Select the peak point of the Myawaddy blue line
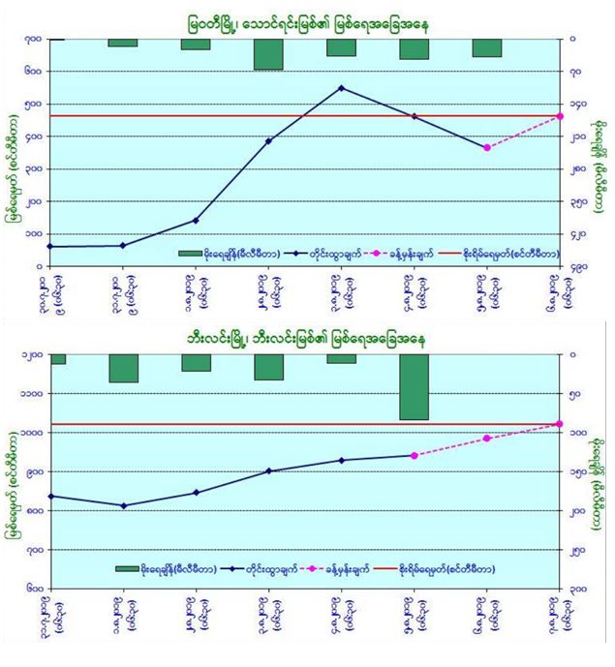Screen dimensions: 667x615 click(x=341, y=88)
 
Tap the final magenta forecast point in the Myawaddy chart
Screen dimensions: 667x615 click(x=560, y=116)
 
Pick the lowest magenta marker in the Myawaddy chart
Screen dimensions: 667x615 click(x=487, y=147)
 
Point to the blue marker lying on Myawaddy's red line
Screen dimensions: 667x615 click(x=415, y=116)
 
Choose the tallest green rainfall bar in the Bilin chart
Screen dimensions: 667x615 click(x=415, y=386)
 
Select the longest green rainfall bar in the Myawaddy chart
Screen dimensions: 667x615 click(x=268, y=55)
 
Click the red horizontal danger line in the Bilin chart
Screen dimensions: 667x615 click(x=291, y=424)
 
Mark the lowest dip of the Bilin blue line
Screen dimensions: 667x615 click(x=123, y=505)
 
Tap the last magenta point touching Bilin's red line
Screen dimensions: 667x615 click(x=560, y=424)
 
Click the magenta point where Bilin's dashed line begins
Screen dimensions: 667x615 click(x=415, y=455)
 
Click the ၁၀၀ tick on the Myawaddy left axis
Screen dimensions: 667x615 click(x=32, y=233)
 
